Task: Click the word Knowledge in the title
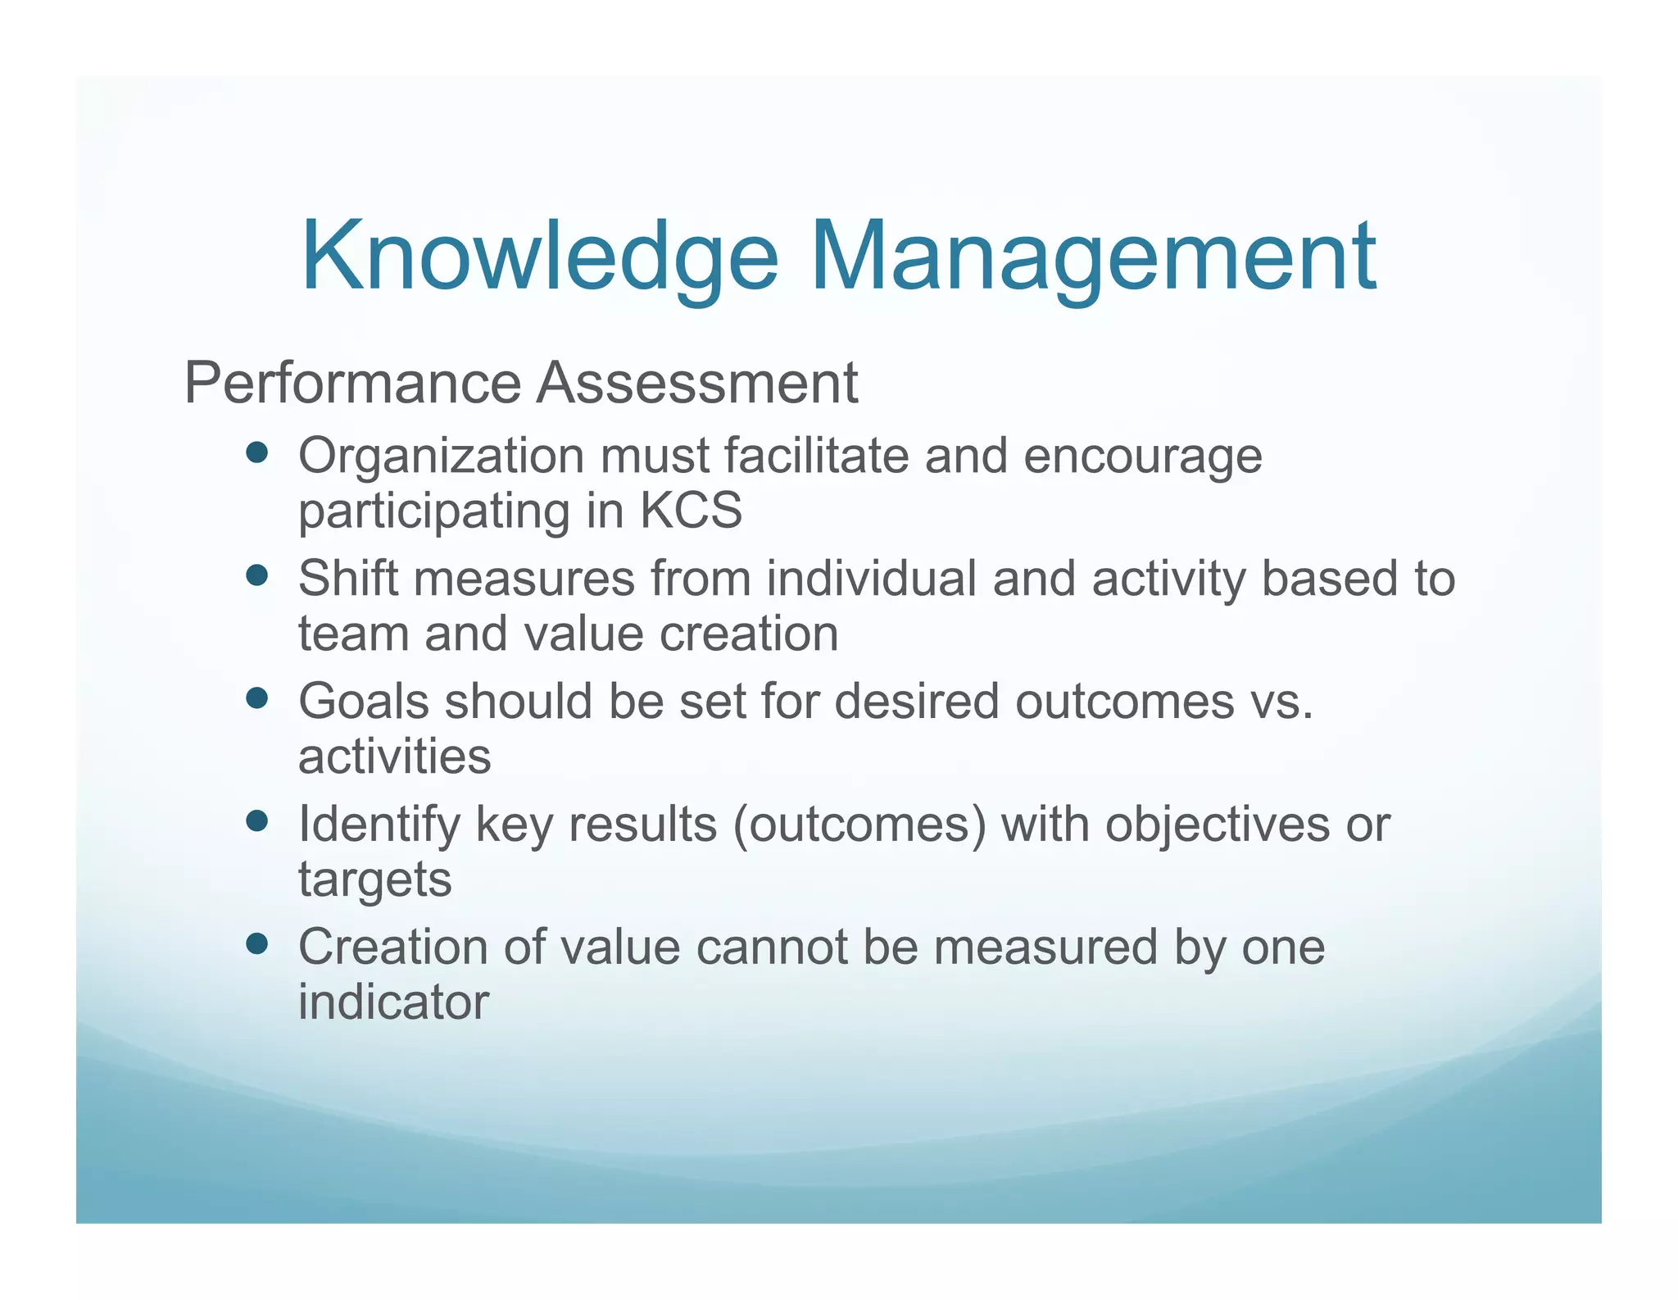pyautogui.click(x=539, y=257)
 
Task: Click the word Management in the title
pyautogui.click(x=1094, y=257)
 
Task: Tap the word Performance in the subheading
pyautogui.click(x=352, y=383)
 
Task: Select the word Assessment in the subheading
pyautogui.click(x=696, y=383)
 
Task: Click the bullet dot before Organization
pyautogui.click(x=256, y=453)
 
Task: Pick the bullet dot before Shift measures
pyautogui.click(x=256, y=576)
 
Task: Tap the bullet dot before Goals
pyautogui.click(x=256, y=698)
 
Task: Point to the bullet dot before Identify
pyautogui.click(x=256, y=821)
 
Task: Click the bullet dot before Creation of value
pyautogui.click(x=256, y=944)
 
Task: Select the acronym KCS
pyautogui.click(x=691, y=511)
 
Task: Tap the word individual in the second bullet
pyautogui.click(x=871, y=579)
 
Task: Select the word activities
pyautogui.click(x=394, y=757)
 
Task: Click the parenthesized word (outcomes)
pyautogui.click(x=859, y=825)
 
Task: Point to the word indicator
pyautogui.click(x=393, y=1002)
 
